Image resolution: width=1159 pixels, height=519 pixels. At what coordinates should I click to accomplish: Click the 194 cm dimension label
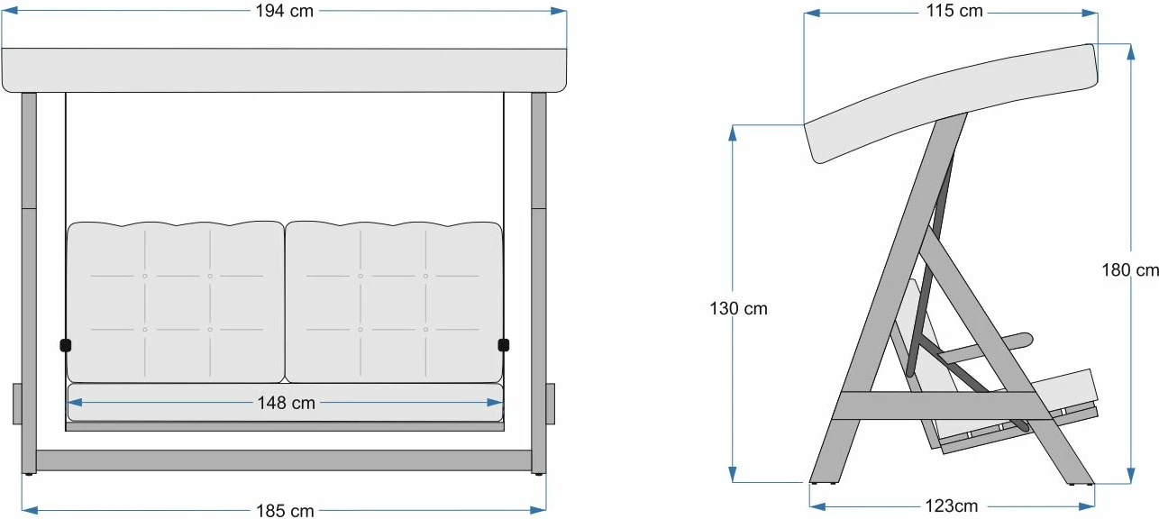tap(285, 11)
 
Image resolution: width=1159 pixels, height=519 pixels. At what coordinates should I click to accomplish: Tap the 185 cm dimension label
tap(285, 511)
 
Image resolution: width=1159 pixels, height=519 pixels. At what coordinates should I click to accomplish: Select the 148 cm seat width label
tap(286, 403)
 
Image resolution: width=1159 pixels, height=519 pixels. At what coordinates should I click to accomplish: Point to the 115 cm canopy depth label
tap(954, 10)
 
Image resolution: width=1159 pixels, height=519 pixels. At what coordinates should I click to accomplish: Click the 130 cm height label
tap(738, 308)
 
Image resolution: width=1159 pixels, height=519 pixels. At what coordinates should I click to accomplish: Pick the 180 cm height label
tap(1130, 269)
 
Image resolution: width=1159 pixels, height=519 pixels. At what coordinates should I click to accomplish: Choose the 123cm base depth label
tap(951, 505)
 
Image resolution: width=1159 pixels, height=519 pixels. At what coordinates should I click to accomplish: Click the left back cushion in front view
tap(176, 302)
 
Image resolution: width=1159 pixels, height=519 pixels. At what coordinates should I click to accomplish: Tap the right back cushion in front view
tap(394, 302)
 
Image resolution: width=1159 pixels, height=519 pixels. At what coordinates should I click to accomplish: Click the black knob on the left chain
tap(66, 345)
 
